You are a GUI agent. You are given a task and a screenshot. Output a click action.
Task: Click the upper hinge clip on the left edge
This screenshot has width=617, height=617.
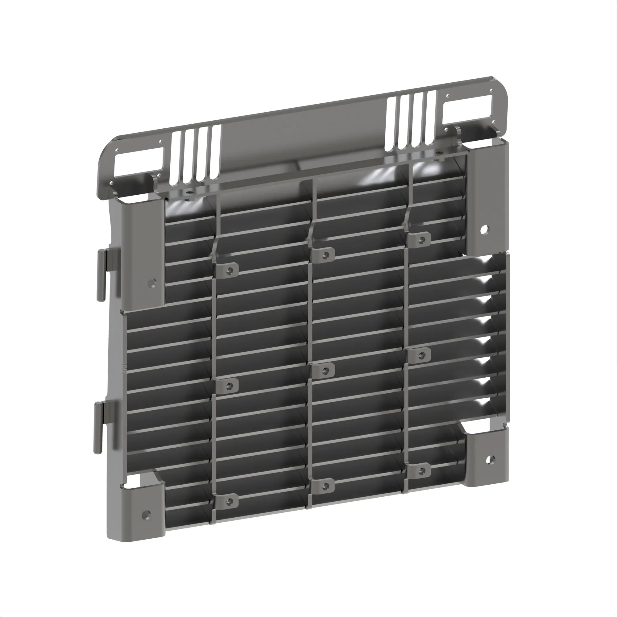pyautogui.click(x=101, y=275)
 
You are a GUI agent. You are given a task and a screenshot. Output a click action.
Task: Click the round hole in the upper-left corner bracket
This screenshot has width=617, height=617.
pyautogui.click(x=152, y=283)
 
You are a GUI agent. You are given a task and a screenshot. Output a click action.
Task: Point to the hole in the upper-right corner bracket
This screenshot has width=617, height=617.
pyautogui.click(x=484, y=229)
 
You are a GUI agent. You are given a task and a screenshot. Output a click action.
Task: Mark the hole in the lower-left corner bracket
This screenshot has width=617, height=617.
pyautogui.click(x=146, y=514)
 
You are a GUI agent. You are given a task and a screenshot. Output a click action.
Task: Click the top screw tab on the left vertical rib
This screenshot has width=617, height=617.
pyautogui.click(x=228, y=270)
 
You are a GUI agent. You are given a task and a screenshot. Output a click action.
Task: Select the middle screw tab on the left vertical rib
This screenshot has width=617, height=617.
pyautogui.click(x=228, y=386)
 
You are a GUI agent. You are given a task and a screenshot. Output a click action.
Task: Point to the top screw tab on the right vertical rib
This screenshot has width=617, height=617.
pyautogui.click(x=420, y=239)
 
